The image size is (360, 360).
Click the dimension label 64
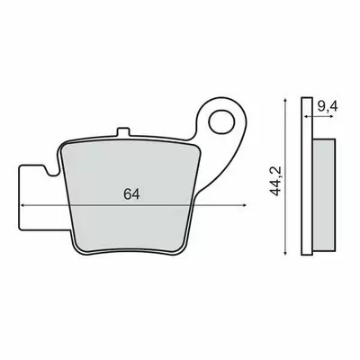pos(131,194)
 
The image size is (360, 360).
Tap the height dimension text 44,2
pos(275,181)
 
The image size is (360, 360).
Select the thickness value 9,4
pos(327,106)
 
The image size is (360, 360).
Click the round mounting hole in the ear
pos(221,122)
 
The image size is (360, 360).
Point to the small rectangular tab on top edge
pos(123,132)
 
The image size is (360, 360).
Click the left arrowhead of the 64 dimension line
pos(22,205)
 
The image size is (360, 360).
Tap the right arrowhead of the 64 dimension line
pos(244,205)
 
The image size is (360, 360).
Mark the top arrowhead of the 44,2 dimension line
pos(285,100)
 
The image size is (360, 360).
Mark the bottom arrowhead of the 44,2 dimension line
pos(285,253)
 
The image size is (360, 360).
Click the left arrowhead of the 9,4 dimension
pos(306,116)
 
